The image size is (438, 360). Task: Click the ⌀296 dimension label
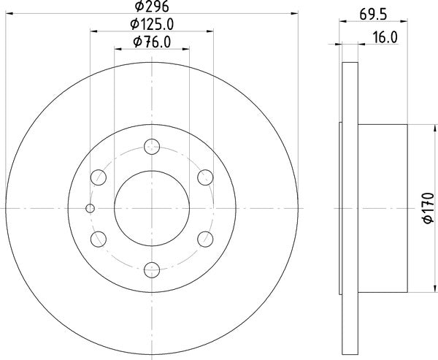pyautogui.click(x=152, y=6)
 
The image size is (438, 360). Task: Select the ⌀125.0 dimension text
pyautogui.click(x=152, y=24)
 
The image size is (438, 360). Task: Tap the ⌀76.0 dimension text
pyautogui.click(x=152, y=42)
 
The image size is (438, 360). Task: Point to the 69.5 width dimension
pyautogui.click(x=373, y=15)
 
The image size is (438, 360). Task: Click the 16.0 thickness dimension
pyautogui.click(x=385, y=37)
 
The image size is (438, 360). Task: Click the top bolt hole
pyautogui.click(x=152, y=147)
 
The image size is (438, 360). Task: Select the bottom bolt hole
pyautogui.click(x=152, y=270)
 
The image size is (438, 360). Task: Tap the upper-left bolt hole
pyautogui.click(x=99, y=177)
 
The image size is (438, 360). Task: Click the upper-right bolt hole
pyautogui.click(x=205, y=177)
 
